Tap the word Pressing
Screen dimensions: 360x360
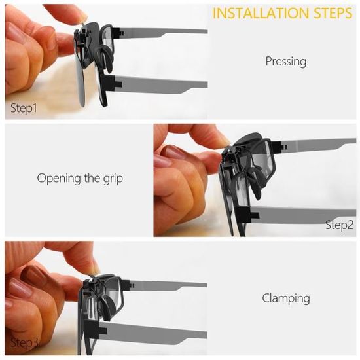[x=286, y=62]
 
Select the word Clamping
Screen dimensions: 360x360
[x=286, y=298]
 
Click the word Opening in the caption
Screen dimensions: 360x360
[x=59, y=179]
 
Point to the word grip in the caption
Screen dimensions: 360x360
[x=113, y=179]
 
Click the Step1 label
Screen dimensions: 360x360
[x=24, y=108]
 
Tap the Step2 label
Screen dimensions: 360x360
[x=339, y=225]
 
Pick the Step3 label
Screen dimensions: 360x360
[x=24, y=342]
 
